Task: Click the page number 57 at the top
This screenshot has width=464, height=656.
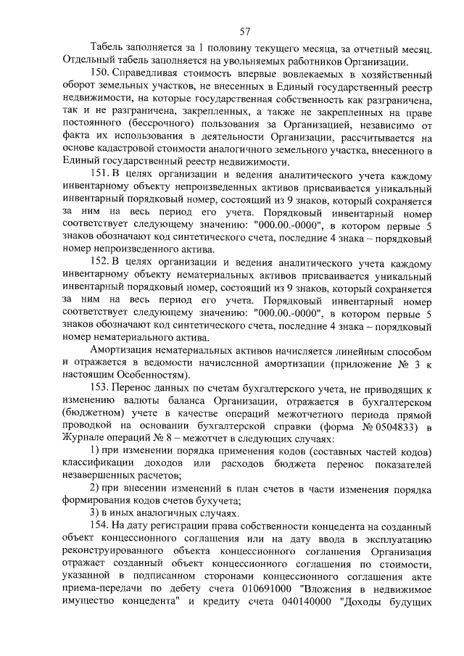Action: pos(244,30)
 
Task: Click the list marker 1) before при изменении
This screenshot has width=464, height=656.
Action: pos(94,452)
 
